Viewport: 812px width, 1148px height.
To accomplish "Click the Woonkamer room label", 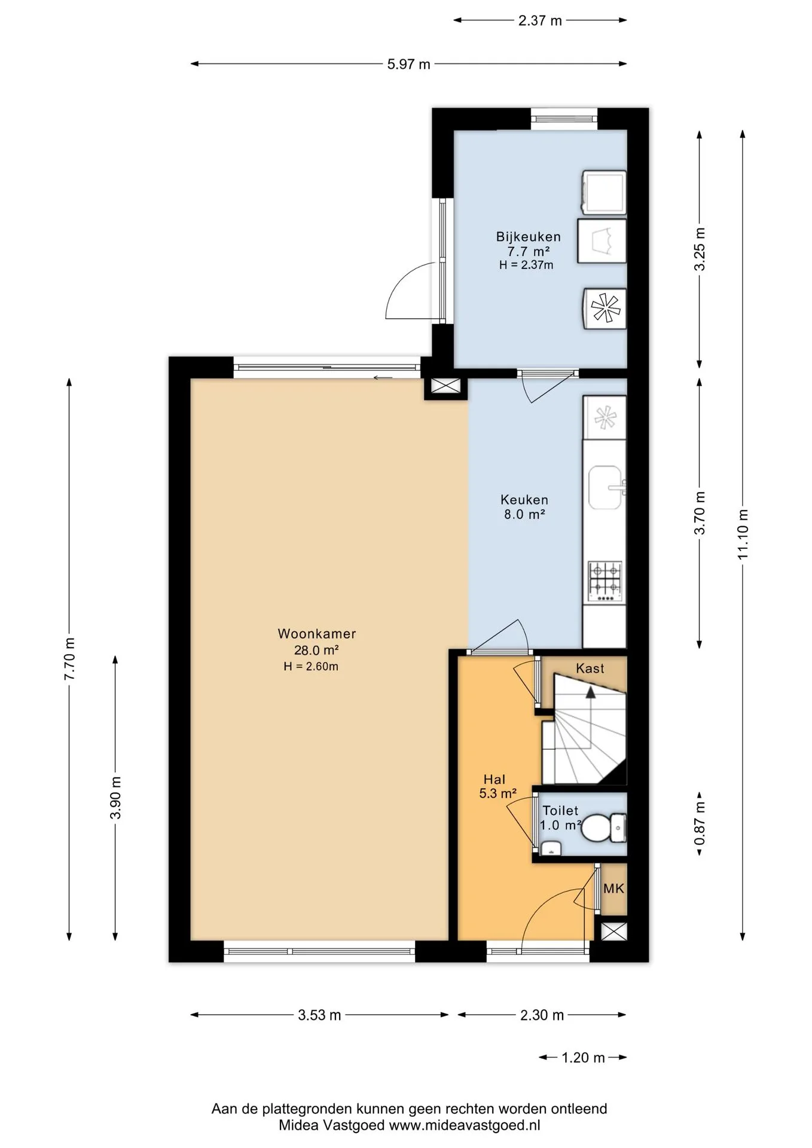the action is pyautogui.click(x=317, y=634).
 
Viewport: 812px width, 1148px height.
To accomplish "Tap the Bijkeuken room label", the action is pyautogui.click(x=529, y=237).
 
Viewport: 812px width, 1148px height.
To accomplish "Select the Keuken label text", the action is pyautogui.click(x=524, y=500).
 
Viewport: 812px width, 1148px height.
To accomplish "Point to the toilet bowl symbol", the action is pyautogui.click(x=603, y=828).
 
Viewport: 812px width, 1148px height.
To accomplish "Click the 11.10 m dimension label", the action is pyautogui.click(x=743, y=534).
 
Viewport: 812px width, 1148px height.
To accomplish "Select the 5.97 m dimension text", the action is pyautogui.click(x=409, y=65).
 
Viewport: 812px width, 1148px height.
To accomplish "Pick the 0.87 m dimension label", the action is pyautogui.click(x=700, y=823).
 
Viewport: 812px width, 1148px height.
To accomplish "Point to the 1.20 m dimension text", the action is pyautogui.click(x=584, y=1058).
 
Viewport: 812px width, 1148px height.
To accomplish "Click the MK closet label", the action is pyautogui.click(x=613, y=889).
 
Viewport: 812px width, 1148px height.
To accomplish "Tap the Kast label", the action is pyautogui.click(x=590, y=668).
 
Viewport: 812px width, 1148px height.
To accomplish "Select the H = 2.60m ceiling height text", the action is pyautogui.click(x=311, y=667).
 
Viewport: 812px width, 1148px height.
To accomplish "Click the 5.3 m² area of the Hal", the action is pyautogui.click(x=497, y=794).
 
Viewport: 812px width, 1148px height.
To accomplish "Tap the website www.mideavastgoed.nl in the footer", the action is pyautogui.click(x=465, y=1125).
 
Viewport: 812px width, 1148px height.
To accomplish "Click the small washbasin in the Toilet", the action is pyautogui.click(x=551, y=848).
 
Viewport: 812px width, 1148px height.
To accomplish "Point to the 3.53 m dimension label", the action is pyautogui.click(x=320, y=1015).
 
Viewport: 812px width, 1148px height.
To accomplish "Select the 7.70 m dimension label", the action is pyautogui.click(x=70, y=658).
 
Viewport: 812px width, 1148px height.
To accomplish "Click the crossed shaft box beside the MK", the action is pyautogui.click(x=614, y=932).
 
